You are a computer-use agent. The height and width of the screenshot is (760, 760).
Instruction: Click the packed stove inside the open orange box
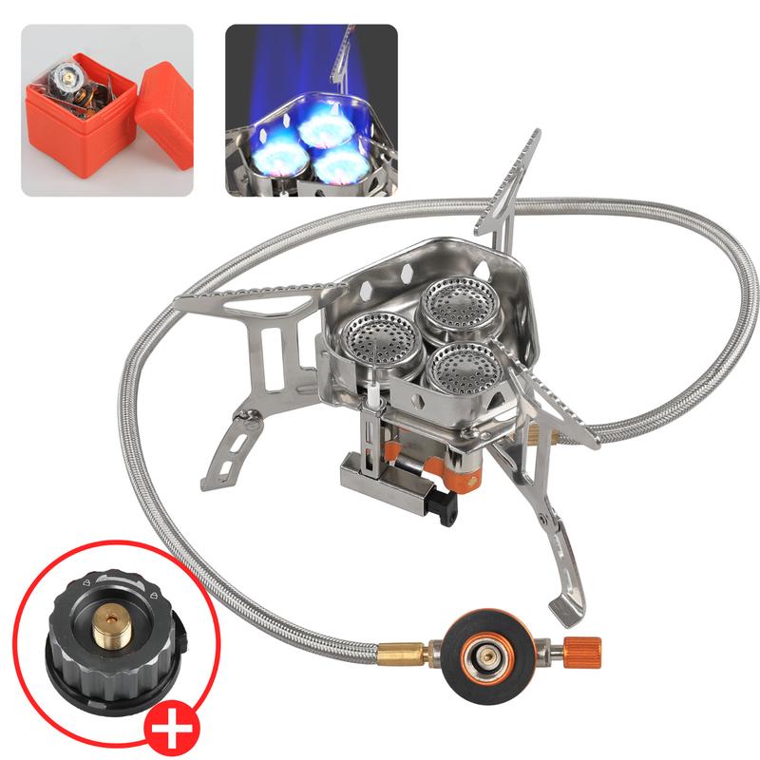[x=77, y=89]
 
